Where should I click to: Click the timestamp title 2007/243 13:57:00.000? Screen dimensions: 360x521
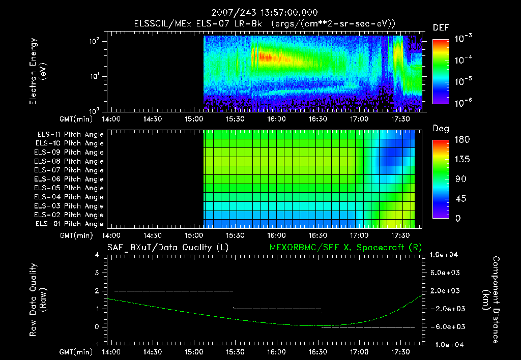point(260,12)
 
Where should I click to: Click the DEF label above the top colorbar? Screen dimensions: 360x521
point(441,27)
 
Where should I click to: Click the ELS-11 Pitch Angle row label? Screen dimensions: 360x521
point(70,134)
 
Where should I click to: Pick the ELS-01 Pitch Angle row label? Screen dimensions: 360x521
point(70,224)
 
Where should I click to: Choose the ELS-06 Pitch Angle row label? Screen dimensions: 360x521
point(70,179)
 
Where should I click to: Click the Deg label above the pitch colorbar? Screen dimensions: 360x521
point(441,129)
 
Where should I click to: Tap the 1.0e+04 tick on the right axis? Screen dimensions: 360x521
point(445,255)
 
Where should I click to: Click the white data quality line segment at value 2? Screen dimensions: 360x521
point(173,291)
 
